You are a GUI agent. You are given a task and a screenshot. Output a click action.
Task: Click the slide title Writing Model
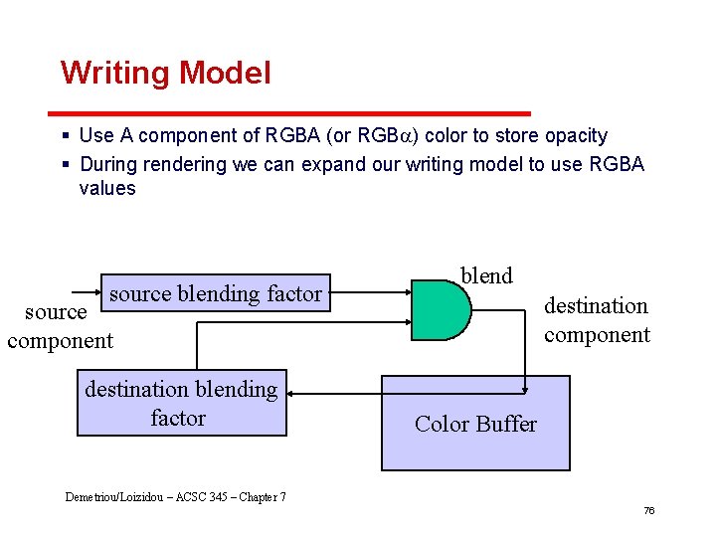point(165,73)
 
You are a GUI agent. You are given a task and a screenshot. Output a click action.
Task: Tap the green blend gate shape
point(441,310)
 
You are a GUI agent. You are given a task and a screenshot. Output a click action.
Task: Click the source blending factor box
point(216,293)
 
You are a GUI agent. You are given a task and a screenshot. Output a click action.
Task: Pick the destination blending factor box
point(181,403)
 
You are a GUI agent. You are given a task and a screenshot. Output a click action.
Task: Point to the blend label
point(486,275)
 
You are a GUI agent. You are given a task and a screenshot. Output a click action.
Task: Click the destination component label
point(596,320)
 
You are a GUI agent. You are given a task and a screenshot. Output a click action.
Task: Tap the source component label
point(60,326)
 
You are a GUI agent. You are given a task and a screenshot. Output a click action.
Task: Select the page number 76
point(648,510)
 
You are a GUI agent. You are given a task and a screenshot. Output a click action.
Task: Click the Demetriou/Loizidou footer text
point(175,496)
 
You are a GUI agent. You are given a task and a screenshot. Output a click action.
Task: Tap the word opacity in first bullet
point(570,135)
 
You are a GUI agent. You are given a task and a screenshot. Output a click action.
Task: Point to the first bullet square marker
point(65,135)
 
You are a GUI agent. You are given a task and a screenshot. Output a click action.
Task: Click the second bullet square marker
point(65,164)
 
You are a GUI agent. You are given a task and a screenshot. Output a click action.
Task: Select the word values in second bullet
point(107,188)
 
